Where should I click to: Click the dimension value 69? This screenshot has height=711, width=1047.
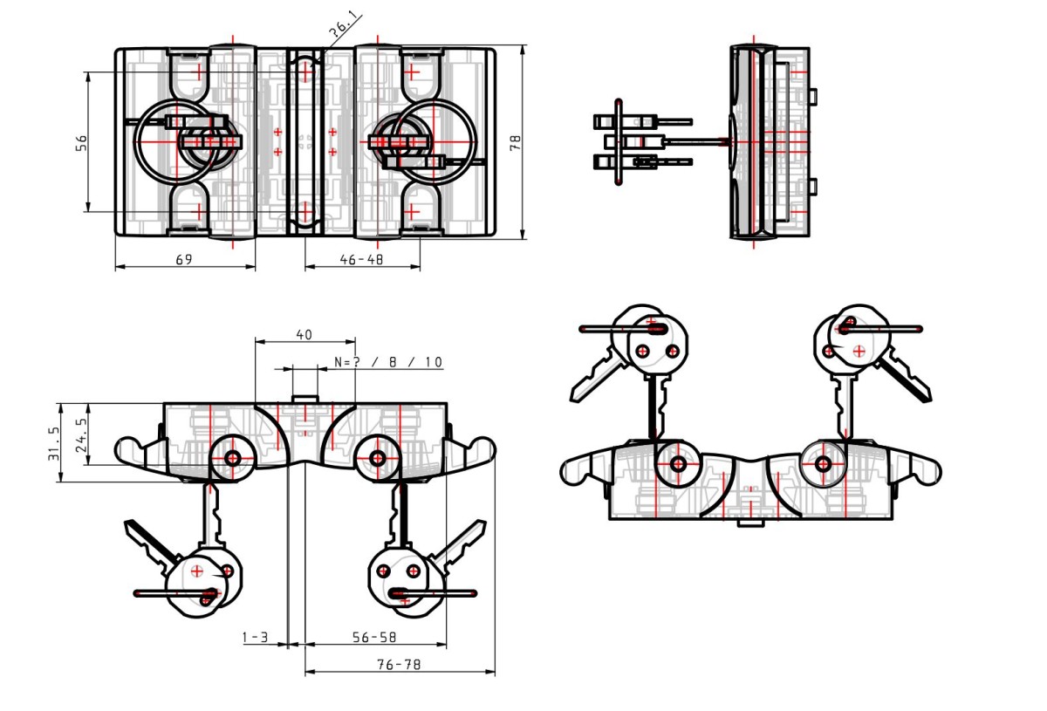184,259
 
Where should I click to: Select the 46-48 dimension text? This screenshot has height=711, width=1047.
361,259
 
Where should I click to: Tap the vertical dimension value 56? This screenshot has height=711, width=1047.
81,142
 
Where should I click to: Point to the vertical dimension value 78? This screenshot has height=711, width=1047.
515,142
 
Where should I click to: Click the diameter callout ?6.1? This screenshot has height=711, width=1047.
345,25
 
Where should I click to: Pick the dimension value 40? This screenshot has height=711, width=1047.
305,335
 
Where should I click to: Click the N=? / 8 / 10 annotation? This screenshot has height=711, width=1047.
388,362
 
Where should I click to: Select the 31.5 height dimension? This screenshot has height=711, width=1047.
54,443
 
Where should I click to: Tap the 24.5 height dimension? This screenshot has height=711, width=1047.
81,434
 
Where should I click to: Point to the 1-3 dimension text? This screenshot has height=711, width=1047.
255,637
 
